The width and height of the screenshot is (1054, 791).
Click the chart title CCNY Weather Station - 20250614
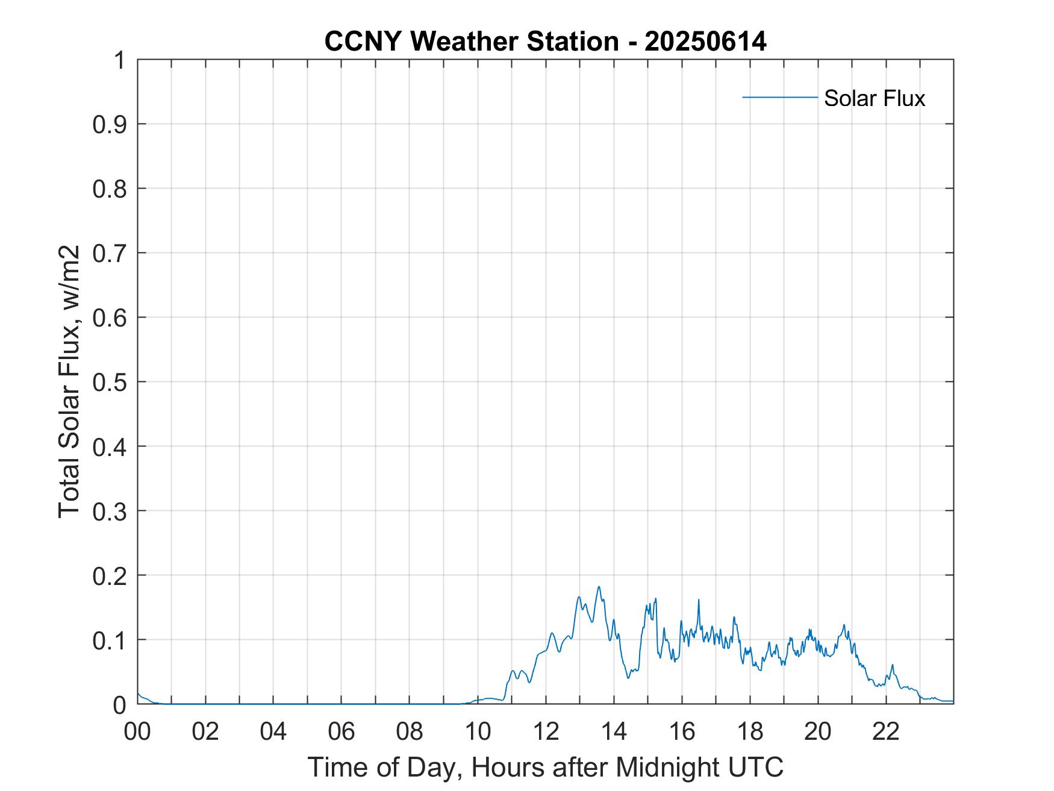pyautogui.click(x=545, y=42)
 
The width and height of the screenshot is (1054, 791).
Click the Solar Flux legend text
pyautogui.click(x=874, y=98)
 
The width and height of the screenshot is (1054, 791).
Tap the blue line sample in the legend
pyautogui.click(x=779, y=97)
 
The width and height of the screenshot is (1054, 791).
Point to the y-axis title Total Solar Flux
pyautogui.click(x=69, y=381)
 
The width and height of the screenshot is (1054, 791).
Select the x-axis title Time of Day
pyautogui.click(x=545, y=767)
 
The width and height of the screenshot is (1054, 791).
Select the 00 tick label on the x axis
pyautogui.click(x=137, y=731)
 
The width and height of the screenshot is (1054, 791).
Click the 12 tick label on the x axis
pyautogui.click(x=546, y=731)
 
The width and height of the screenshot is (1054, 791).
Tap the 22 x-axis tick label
pyautogui.click(x=886, y=731)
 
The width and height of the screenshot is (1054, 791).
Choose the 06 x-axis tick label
pyautogui.click(x=341, y=731)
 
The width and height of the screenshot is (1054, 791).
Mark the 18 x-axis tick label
pyautogui.click(x=750, y=731)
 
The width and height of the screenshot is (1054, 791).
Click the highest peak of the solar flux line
pyautogui.click(x=599, y=587)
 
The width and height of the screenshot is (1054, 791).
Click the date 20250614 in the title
pyautogui.click(x=705, y=42)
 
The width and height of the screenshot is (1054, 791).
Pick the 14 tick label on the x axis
pyautogui.click(x=614, y=731)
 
